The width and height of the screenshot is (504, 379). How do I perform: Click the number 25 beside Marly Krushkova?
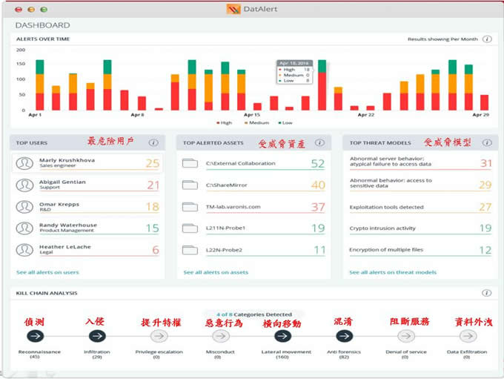[x=152, y=163]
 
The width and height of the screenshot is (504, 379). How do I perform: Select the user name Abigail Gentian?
[x=62, y=182]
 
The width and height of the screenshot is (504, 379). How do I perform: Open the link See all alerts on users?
[x=47, y=272]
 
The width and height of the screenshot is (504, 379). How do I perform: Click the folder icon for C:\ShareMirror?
[x=190, y=185]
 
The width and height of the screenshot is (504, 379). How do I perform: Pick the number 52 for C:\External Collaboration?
[x=318, y=163]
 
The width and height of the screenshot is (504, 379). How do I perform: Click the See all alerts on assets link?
[x=216, y=272]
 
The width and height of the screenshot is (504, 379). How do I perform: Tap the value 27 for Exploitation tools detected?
[x=485, y=207]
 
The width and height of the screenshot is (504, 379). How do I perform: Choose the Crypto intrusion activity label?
[x=382, y=228]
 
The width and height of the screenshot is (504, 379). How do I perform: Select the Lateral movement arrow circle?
[x=282, y=336]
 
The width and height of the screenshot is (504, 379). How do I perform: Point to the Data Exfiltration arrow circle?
[x=467, y=336]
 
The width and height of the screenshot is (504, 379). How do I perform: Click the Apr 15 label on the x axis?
[x=252, y=115]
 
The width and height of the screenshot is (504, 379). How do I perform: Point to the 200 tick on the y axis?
[x=20, y=50]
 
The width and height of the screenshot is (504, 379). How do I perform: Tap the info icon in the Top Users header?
[x=153, y=142]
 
